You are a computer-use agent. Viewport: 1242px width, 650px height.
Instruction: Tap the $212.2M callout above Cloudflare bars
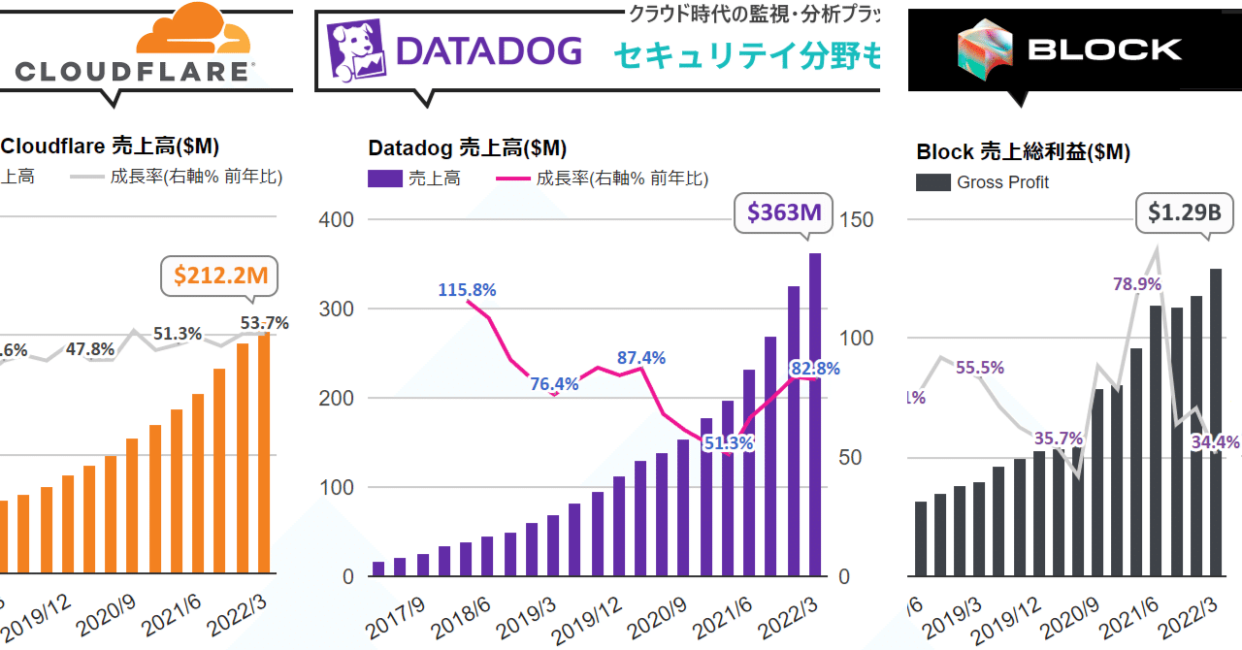pyautogui.click(x=220, y=276)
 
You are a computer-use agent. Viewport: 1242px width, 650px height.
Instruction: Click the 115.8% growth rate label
pyautogui.click(x=467, y=289)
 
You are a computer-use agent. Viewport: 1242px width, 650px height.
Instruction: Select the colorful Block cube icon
pyautogui.click(x=984, y=48)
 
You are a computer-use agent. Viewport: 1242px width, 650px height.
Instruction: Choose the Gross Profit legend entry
pyautogui.click(x=1001, y=182)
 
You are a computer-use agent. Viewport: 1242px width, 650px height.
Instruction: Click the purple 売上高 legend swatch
pyautogui.click(x=385, y=179)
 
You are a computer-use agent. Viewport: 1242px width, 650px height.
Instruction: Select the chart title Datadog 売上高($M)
pyautogui.click(x=467, y=147)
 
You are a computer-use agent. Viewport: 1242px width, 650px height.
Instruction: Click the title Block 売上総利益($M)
pyautogui.click(x=1023, y=152)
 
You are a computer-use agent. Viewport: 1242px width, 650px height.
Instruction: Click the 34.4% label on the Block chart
pyautogui.click(x=1216, y=442)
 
